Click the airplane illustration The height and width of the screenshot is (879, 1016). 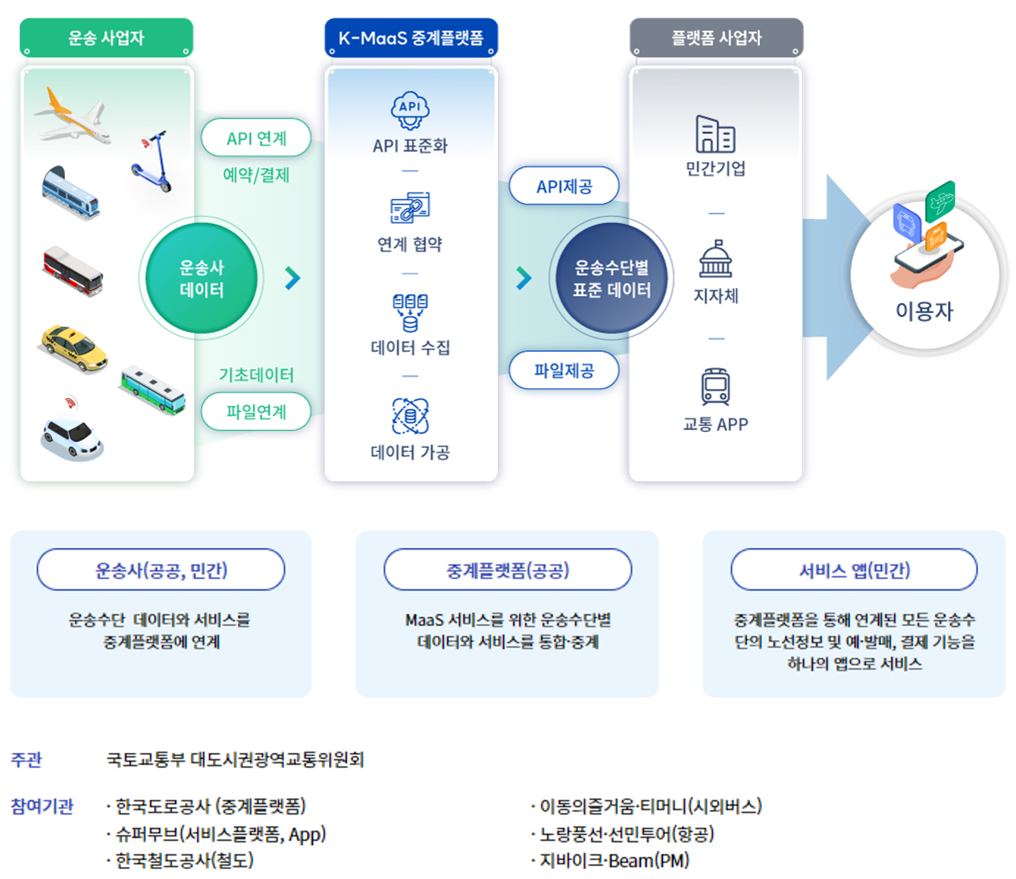73,117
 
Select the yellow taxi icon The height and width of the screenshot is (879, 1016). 74,348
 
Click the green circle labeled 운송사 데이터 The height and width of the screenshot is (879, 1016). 201,278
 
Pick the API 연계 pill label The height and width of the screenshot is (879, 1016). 256,138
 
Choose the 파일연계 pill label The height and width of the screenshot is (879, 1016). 256,411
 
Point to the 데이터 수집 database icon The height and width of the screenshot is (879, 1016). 410,312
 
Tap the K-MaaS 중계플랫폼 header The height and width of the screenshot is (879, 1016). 411,38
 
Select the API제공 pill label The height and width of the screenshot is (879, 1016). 564,186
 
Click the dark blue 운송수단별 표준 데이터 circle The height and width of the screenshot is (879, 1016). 611,278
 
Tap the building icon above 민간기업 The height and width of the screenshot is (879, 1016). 716,134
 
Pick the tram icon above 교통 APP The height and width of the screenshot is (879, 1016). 716,387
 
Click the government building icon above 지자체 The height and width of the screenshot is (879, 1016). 716,259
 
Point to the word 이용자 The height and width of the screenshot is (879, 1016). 924,311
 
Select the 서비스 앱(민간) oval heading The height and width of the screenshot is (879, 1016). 854,570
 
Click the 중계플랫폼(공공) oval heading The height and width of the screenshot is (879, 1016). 508,570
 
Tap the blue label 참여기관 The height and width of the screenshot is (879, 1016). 42,806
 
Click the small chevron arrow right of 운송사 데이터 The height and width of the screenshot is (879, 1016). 292,278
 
